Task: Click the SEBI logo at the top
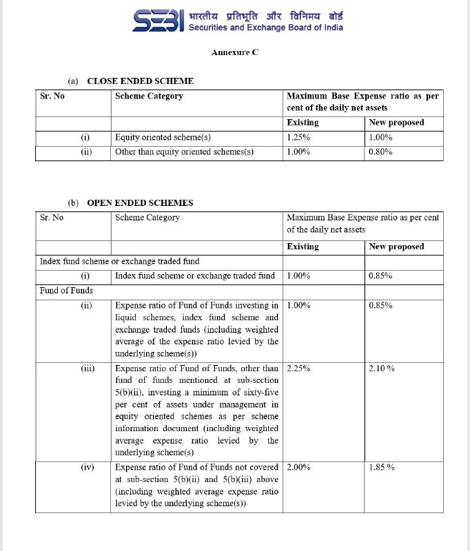click(158, 21)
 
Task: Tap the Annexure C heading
click(235, 52)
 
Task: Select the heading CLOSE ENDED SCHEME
click(140, 81)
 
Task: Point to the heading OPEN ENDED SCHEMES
click(140, 203)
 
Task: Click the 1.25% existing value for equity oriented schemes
click(298, 137)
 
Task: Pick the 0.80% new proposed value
click(380, 152)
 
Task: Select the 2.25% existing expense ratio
click(298, 368)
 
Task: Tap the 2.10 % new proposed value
click(382, 368)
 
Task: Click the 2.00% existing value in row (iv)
click(298, 467)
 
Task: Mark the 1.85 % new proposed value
click(382, 467)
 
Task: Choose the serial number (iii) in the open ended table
click(88, 368)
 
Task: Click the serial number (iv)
click(88, 467)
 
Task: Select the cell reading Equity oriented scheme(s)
click(163, 137)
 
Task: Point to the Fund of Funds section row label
click(66, 290)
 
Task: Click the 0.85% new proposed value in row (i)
click(380, 275)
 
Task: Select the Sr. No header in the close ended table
click(52, 96)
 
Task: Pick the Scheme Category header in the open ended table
click(147, 218)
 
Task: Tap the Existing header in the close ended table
click(303, 123)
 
